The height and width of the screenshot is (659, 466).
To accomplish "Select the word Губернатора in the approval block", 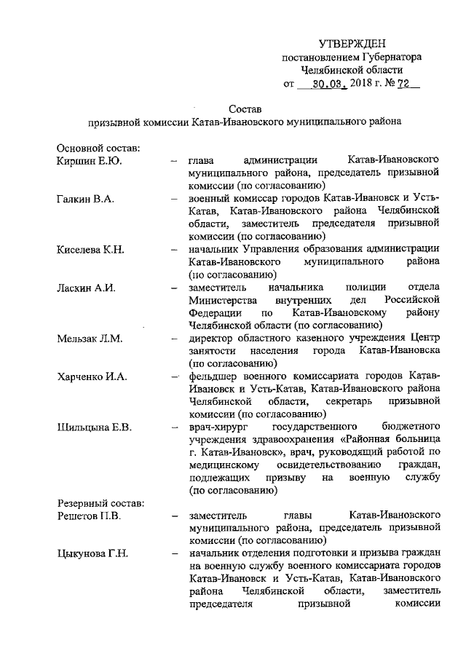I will pos(391,58).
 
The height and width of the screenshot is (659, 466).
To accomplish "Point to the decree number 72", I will pos(403,84).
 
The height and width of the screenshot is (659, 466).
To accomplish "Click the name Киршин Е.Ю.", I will pos(89,159).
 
